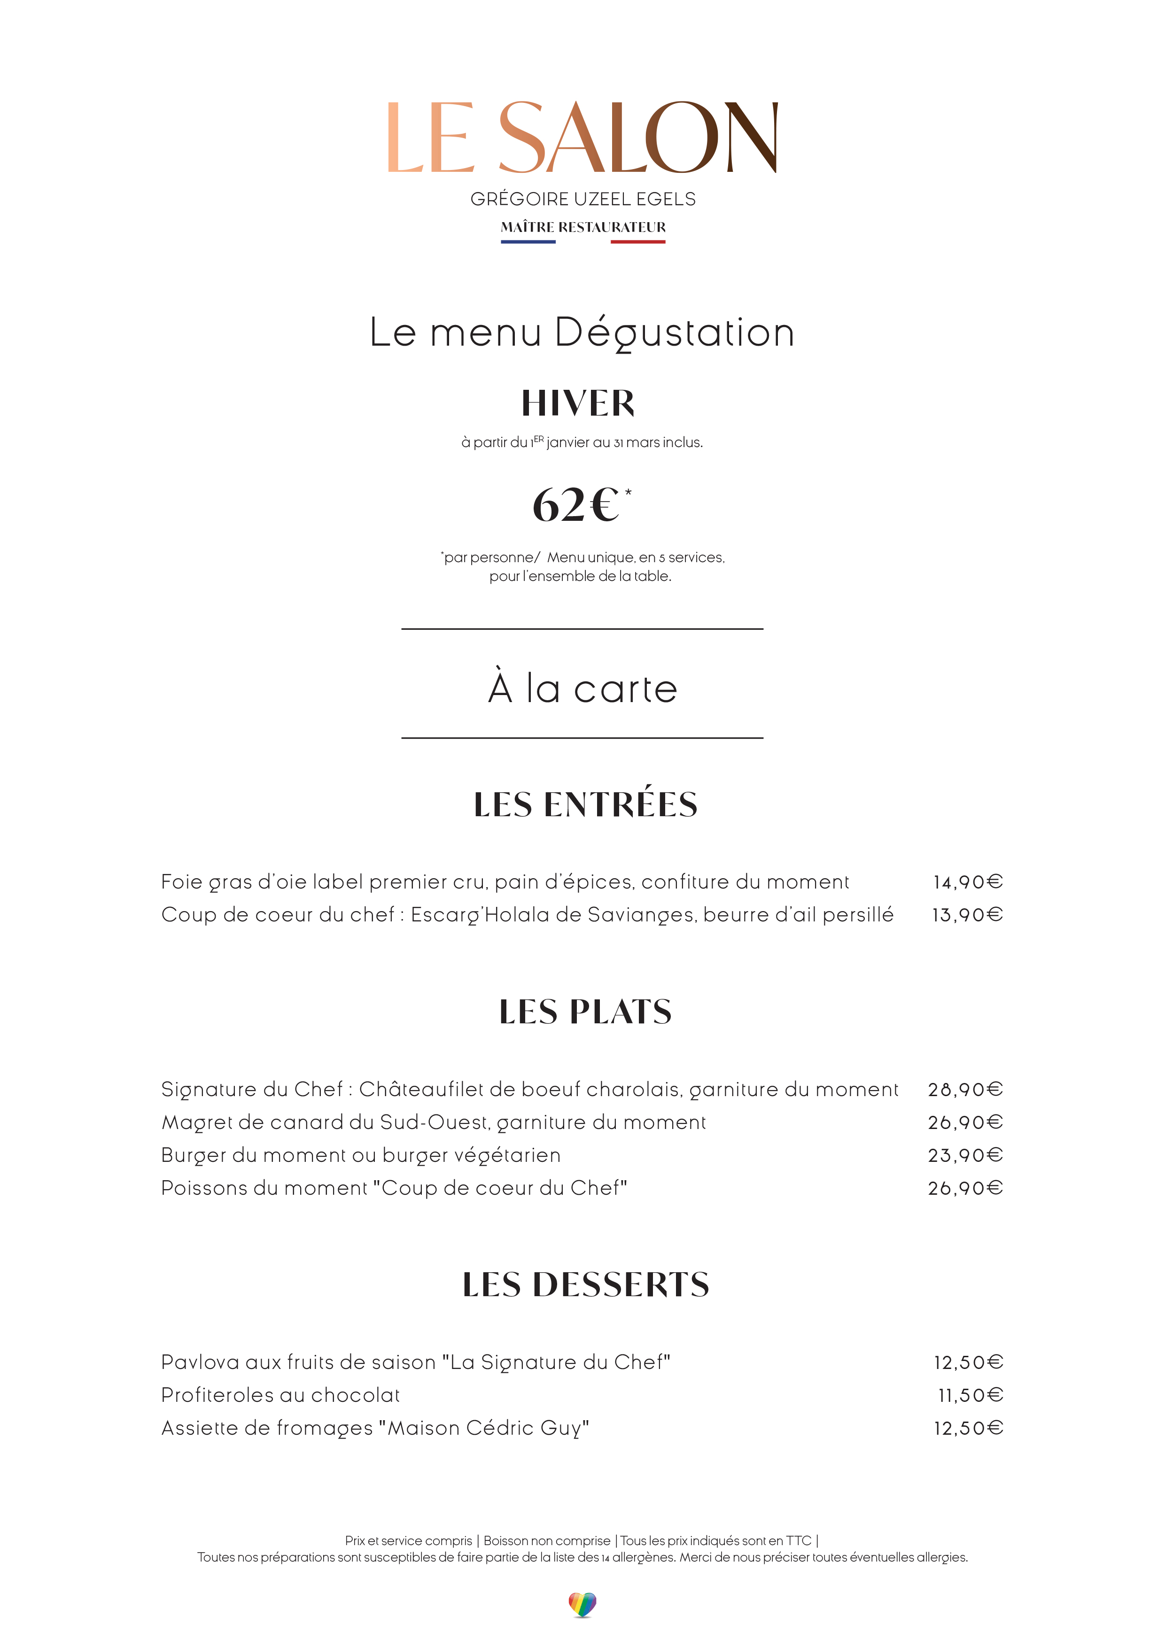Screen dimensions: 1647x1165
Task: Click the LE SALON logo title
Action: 582,137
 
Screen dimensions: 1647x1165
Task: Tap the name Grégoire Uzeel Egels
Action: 582,200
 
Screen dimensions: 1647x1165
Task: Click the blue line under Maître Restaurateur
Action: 528,242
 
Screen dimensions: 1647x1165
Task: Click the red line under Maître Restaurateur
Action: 638,242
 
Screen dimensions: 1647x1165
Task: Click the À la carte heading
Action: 582,688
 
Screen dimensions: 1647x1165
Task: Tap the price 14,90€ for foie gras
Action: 967,882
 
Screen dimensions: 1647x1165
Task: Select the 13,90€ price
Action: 967,915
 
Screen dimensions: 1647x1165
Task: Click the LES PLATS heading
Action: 585,1012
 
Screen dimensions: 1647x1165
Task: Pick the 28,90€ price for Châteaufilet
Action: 965,1090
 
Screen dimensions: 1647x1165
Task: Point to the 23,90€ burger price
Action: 965,1156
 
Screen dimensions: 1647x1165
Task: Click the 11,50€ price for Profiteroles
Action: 970,1395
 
